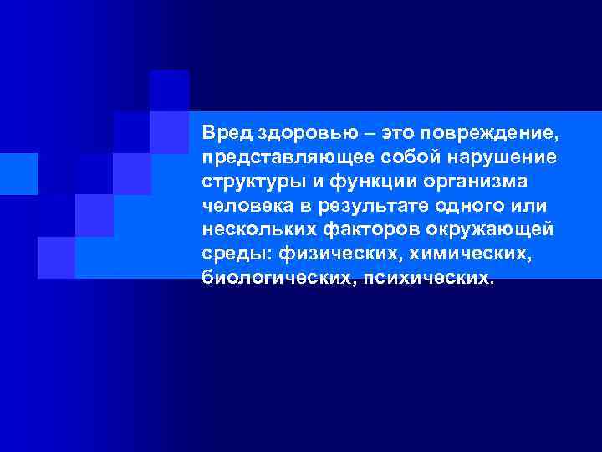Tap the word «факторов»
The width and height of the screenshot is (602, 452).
[x=365, y=229]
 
